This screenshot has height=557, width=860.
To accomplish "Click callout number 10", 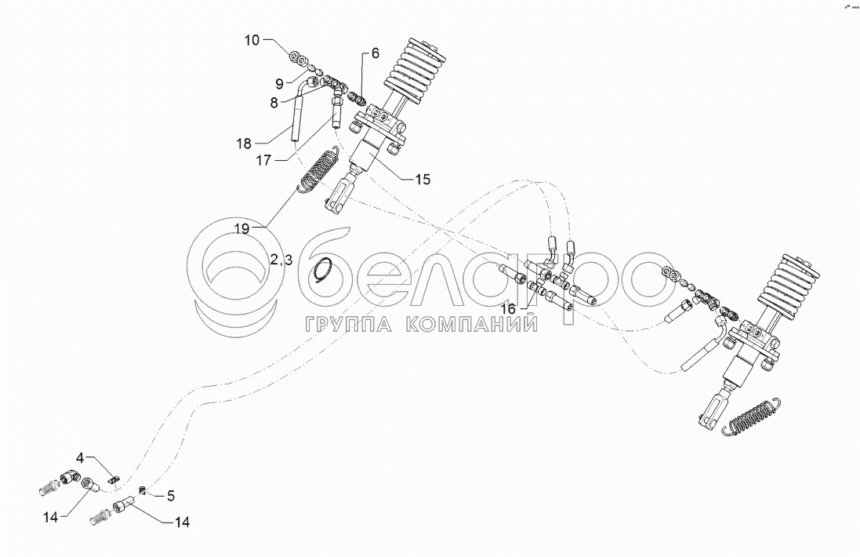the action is (252, 40).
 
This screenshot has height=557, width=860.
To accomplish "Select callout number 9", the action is (279, 84).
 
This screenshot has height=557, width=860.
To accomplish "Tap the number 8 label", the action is (274, 102).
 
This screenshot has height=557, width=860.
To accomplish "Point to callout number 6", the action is (375, 53).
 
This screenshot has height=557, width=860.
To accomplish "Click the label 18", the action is (244, 144).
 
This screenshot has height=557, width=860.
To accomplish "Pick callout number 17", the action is (264, 161).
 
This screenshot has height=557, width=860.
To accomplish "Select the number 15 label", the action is (423, 180).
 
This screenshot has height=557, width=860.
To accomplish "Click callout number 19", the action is (242, 229).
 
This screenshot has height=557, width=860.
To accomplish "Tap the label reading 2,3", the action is (281, 260).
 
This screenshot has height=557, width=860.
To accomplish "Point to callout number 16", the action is (509, 309).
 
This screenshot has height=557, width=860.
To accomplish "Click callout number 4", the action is (80, 457).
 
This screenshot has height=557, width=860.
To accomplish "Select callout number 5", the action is (171, 496).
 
